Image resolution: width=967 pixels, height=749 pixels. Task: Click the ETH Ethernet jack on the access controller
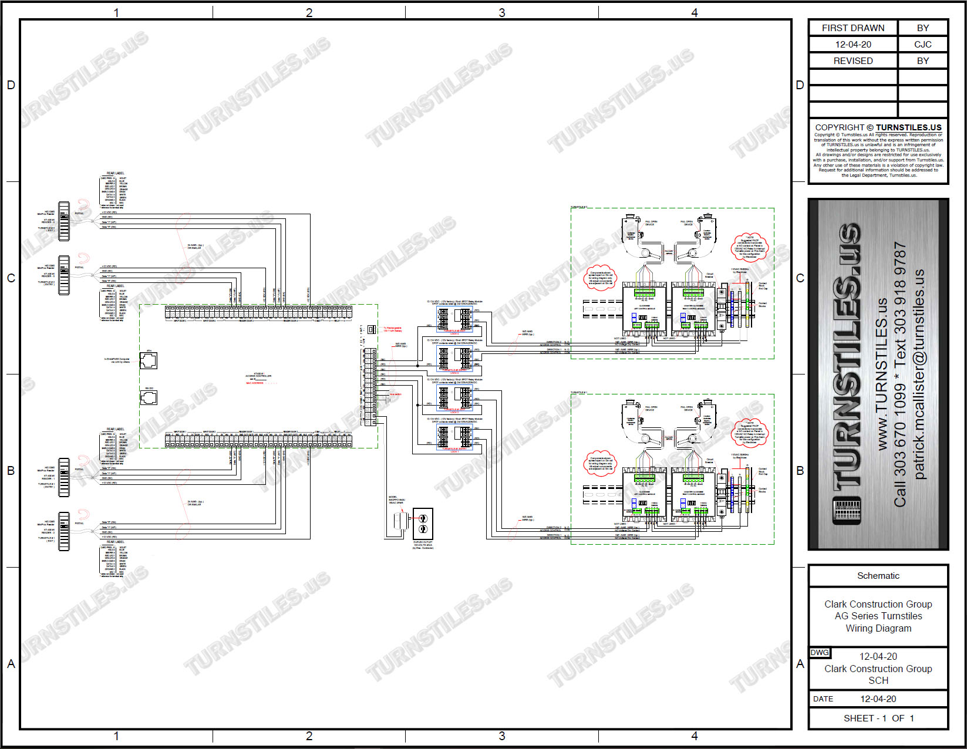(x=149, y=360)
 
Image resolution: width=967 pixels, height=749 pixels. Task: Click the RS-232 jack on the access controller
(x=149, y=398)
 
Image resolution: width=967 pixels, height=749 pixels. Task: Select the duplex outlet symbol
(x=423, y=522)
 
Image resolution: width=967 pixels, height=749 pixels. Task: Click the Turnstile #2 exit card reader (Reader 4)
(x=63, y=221)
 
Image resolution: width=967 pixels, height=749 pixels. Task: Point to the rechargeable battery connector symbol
(x=371, y=329)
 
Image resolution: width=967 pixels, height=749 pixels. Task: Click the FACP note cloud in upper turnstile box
(x=749, y=247)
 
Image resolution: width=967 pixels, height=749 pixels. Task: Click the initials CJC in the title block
(x=922, y=44)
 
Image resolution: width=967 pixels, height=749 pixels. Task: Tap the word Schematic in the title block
(x=878, y=576)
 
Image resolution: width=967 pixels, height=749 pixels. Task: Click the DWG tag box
(x=820, y=653)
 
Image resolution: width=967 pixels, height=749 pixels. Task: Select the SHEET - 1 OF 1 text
(x=878, y=718)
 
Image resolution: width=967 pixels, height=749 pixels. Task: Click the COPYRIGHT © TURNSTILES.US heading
(x=878, y=127)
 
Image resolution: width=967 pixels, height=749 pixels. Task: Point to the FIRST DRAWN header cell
(x=853, y=28)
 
